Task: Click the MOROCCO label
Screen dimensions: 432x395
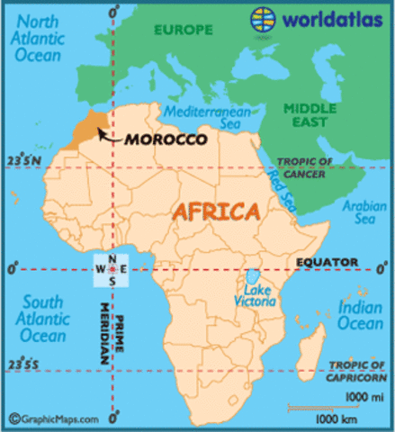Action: click(166, 140)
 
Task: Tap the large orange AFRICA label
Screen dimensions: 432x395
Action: click(216, 213)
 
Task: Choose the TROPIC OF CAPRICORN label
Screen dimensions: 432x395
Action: click(355, 368)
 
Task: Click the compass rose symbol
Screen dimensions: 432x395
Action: click(112, 268)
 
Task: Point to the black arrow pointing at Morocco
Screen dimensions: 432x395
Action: click(108, 136)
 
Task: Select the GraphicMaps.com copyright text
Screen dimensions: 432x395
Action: click(45, 418)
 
